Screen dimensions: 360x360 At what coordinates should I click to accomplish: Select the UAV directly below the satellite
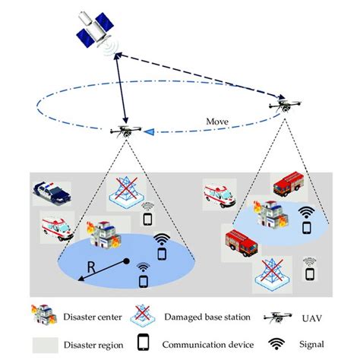[x=125, y=132]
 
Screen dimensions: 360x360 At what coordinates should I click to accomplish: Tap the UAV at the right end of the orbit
[x=285, y=107]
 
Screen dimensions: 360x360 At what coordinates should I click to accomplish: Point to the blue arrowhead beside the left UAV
[x=152, y=133]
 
